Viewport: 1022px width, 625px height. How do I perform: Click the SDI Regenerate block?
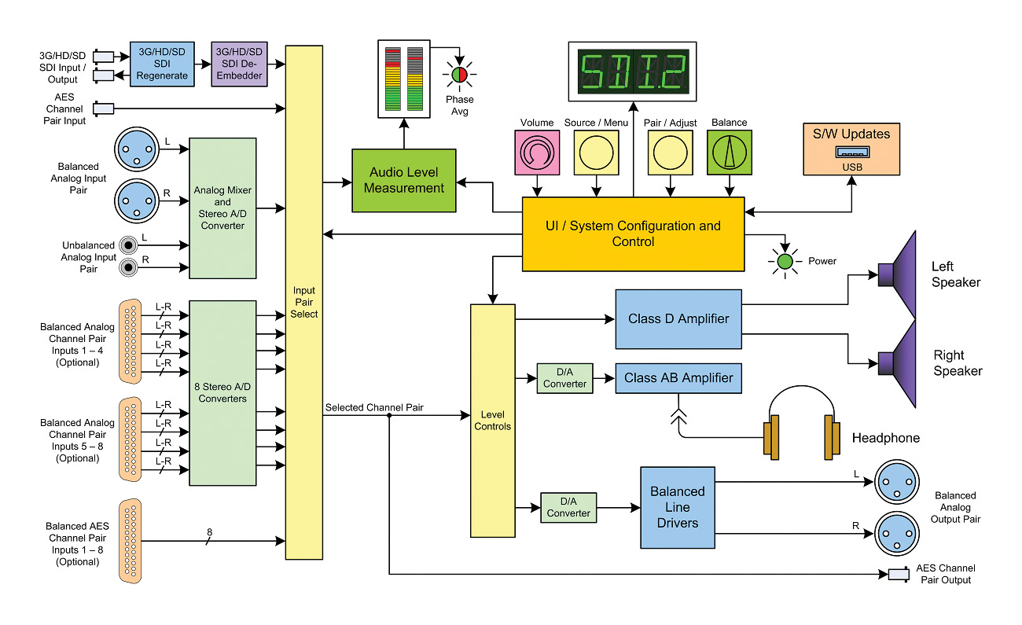(x=162, y=63)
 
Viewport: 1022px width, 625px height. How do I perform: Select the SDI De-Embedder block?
(x=240, y=63)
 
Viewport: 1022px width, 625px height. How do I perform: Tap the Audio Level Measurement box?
(x=404, y=180)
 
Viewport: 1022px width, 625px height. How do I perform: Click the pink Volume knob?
(x=538, y=152)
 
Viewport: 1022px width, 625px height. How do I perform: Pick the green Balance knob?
(x=730, y=152)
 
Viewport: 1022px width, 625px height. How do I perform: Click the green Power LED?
(x=784, y=262)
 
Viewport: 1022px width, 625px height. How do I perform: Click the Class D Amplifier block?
(x=678, y=319)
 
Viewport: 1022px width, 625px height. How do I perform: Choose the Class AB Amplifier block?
(x=678, y=378)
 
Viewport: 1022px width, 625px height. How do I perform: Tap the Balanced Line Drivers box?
(x=677, y=507)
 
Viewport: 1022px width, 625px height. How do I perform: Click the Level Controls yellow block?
(x=492, y=421)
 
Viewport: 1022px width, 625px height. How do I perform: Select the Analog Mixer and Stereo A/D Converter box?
(x=223, y=208)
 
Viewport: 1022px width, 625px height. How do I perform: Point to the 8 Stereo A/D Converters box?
(x=223, y=392)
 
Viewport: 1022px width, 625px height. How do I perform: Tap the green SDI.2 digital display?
(x=633, y=70)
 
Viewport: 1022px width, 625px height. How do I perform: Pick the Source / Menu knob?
(x=597, y=152)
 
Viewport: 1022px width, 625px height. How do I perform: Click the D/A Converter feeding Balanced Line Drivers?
(x=568, y=507)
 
